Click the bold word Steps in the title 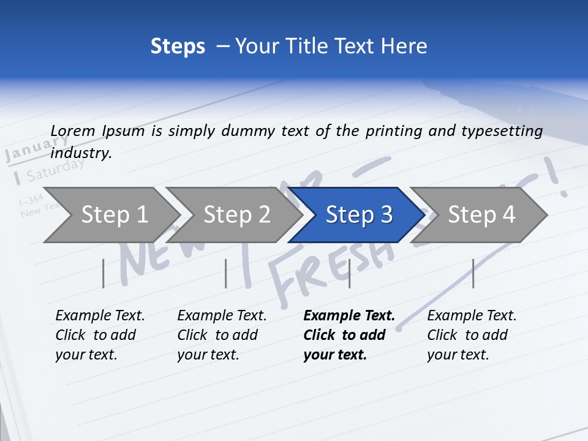(x=178, y=47)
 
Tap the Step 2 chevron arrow (x=236, y=214)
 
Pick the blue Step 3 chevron (x=359, y=214)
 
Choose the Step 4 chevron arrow (x=481, y=214)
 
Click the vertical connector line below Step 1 (x=104, y=273)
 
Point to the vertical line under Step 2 (x=226, y=273)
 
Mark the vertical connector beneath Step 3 (x=349, y=273)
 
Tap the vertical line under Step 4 (x=473, y=273)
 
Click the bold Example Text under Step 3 (x=348, y=335)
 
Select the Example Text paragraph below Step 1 (x=99, y=335)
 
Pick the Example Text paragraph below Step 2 (x=221, y=335)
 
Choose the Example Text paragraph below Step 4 (x=471, y=335)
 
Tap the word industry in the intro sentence (x=80, y=153)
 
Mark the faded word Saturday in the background (x=55, y=170)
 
